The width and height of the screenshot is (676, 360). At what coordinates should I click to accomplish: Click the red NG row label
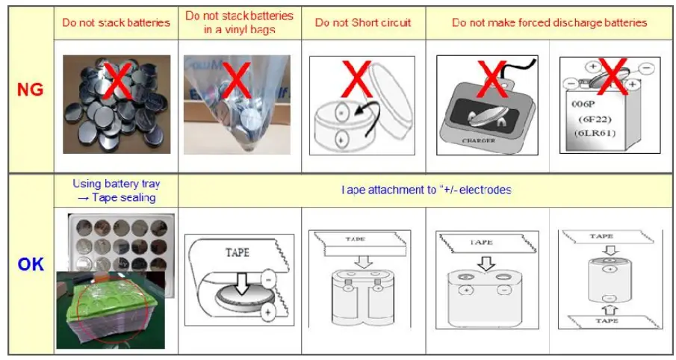tap(30, 90)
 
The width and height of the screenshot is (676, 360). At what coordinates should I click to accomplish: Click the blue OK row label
tap(30, 264)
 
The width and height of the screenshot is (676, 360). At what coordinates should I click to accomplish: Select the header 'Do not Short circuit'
tap(363, 22)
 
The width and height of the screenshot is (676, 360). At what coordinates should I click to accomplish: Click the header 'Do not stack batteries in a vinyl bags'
tap(239, 22)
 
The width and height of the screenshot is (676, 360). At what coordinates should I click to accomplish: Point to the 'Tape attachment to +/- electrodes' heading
tap(426, 190)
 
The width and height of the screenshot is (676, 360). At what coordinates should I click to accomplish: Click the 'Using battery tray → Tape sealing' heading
tap(115, 190)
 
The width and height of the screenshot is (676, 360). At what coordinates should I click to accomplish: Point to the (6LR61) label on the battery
tap(598, 132)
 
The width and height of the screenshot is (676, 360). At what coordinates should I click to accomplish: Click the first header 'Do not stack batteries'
tap(115, 22)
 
